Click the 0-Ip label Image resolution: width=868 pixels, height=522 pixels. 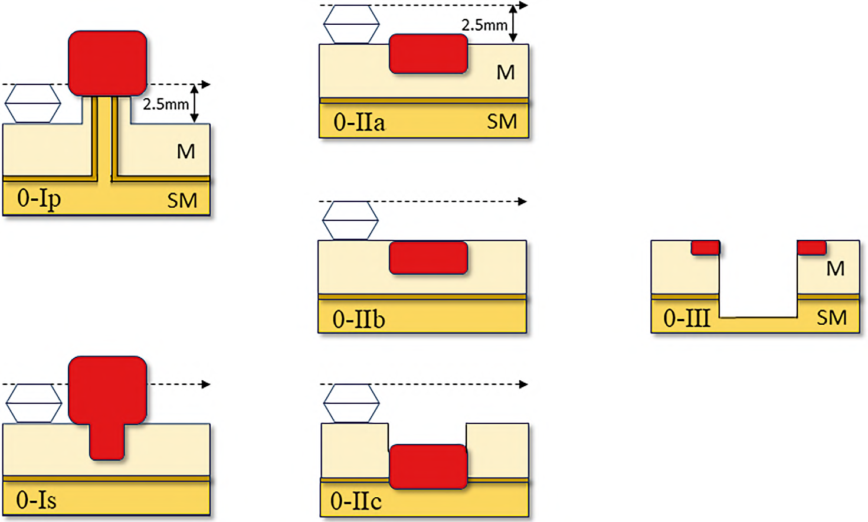39,198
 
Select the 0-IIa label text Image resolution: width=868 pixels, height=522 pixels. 359,122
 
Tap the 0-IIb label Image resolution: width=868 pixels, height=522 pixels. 358,319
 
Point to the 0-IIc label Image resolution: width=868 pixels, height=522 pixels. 356,501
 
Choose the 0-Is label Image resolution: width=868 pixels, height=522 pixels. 36,500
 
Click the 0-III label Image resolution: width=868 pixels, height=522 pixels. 686,318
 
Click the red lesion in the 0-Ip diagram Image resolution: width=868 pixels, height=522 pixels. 107,63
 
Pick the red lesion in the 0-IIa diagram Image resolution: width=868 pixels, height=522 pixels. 428,54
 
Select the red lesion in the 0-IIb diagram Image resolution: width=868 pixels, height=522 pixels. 428,258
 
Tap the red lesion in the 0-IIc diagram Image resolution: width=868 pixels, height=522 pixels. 428,466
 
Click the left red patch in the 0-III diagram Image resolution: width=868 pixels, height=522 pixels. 705,247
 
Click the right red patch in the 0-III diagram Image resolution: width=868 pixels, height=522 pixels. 811,247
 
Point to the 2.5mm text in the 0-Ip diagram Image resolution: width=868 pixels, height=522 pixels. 166,105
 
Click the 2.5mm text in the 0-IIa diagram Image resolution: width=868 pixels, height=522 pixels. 484,25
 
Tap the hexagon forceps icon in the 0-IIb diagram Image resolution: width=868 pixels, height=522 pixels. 351,220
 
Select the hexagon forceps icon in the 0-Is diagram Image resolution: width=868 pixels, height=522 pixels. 34,403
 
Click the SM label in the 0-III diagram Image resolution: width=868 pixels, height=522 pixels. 831,318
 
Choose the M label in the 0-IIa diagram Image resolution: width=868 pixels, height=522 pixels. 506,73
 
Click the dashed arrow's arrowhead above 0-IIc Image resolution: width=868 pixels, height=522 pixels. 522,384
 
